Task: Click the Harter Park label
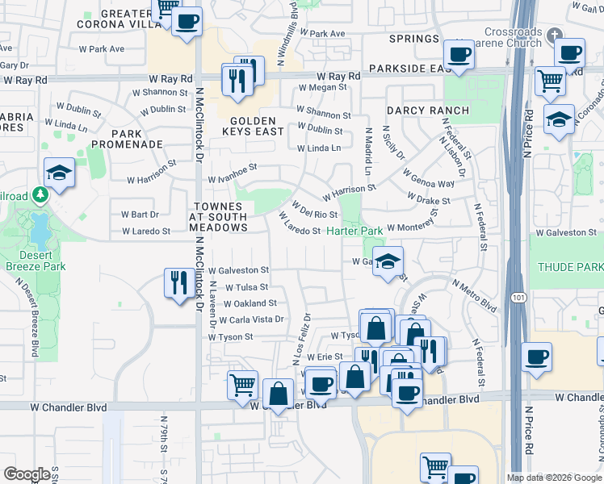(354, 232)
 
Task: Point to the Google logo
(26, 474)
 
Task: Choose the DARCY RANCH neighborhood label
(427, 111)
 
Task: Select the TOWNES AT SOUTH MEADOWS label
(219, 217)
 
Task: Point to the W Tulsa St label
(246, 287)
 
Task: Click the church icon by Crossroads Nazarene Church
(552, 35)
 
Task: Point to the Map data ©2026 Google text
(553, 478)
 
